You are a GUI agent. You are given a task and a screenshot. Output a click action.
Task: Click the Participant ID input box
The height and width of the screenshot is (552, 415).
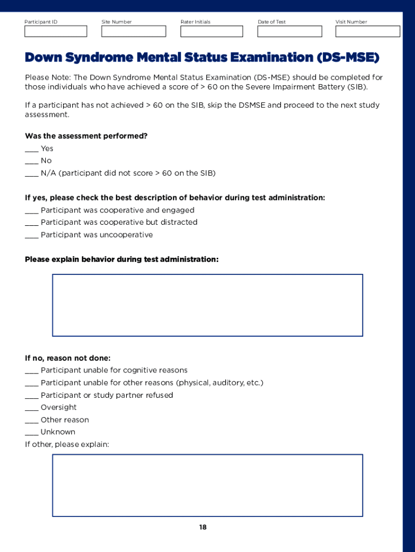coord(56,31)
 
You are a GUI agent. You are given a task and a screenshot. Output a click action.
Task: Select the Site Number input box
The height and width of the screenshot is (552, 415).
coord(133,31)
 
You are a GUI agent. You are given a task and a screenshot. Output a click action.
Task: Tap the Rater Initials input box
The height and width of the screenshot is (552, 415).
coord(211,31)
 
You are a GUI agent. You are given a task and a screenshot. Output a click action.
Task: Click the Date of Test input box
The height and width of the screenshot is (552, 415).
coord(289,31)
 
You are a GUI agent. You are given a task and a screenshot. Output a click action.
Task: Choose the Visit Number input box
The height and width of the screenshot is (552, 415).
coord(368,31)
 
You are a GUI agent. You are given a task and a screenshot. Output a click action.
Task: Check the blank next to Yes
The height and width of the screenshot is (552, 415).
coord(31,150)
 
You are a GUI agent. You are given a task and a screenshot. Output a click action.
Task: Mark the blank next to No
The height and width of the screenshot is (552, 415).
coord(31,162)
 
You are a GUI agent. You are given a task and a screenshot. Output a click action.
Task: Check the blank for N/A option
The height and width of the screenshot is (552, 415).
coord(31,174)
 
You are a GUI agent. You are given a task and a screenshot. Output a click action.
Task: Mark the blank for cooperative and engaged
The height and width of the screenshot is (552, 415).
coord(31,211)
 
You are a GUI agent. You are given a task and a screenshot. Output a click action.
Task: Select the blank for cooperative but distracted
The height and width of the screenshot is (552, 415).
coord(31,223)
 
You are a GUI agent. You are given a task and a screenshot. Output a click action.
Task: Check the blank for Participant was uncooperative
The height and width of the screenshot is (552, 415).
coord(31,236)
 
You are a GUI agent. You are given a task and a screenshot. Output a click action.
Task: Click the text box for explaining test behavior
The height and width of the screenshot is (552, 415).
coord(207,305)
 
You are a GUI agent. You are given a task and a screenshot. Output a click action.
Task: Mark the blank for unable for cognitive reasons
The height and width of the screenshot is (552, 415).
coord(31,371)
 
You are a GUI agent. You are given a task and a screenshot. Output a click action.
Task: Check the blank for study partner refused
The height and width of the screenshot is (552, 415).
coord(31,396)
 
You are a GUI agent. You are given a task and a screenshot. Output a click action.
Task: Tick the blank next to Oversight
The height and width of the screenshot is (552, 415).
coord(31,409)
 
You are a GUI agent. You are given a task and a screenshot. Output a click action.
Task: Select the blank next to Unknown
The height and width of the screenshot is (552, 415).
coord(31,433)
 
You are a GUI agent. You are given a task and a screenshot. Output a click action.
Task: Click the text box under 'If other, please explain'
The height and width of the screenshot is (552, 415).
coord(207,485)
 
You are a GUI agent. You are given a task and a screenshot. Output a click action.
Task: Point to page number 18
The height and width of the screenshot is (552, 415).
coord(203,527)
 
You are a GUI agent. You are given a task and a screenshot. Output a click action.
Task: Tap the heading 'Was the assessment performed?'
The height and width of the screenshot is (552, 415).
coord(86,136)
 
